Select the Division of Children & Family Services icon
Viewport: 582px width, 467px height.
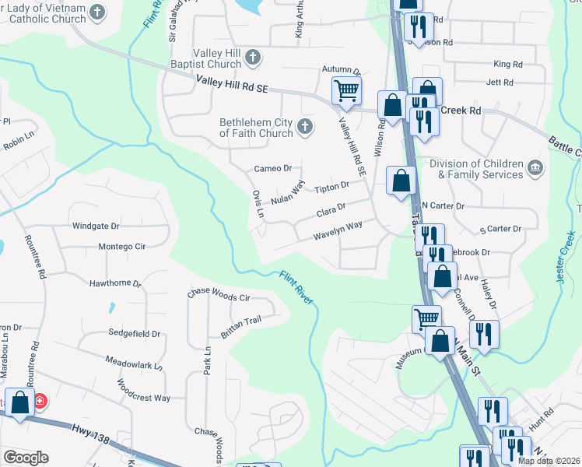click(535, 168)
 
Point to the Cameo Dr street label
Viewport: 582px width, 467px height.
click(272, 168)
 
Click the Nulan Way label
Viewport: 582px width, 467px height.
click(286, 192)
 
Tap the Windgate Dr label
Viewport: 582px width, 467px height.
click(96, 226)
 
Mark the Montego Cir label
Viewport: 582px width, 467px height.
click(121, 247)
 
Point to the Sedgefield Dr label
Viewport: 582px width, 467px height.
click(134, 333)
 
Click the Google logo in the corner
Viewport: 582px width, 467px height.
click(25, 458)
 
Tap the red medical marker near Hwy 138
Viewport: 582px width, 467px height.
click(40, 402)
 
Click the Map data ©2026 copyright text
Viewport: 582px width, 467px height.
click(549, 461)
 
